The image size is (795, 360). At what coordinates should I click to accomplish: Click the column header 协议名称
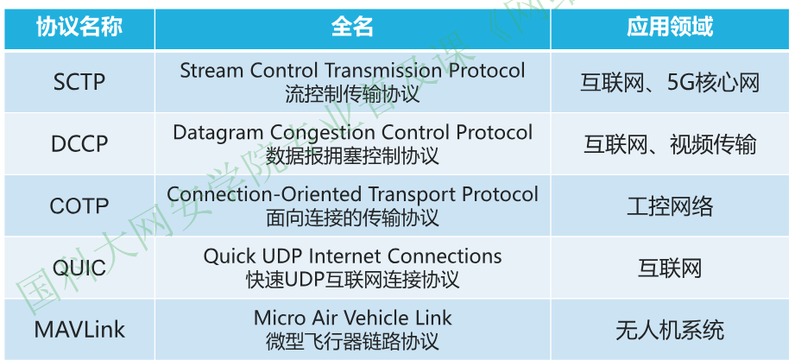click(x=79, y=27)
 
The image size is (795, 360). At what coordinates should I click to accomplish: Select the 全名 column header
click(x=352, y=27)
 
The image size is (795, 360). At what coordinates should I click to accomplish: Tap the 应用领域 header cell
click(x=670, y=27)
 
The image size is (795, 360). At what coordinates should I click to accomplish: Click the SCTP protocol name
click(x=79, y=83)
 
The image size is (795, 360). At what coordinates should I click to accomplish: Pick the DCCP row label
click(x=79, y=144)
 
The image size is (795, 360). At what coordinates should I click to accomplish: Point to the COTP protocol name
click(x=79, y=206)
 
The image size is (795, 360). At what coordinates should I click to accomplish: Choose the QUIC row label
click(x=79, y=268)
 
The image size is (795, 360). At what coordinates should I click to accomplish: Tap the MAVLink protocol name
click(x=79, y=330)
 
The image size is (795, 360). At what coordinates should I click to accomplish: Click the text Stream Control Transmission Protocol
click(x=352, y=71)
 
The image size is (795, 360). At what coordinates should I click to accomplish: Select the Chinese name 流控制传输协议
click(x=352, y=94)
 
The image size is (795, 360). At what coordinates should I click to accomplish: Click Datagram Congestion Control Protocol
click(x=352, y=133)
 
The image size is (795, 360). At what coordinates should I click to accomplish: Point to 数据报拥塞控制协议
click(x=352, y=156)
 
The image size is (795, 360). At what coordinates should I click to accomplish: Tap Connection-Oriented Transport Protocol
click(x=352, y=195)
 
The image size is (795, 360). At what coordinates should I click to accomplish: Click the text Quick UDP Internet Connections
click(x=352, y=256)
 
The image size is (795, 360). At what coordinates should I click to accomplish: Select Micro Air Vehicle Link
click(x=352, y=318)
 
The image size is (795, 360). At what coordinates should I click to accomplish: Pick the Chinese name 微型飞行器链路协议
click(x=352, y=342)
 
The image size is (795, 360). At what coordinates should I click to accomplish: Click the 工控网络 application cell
click(x=670, y=206)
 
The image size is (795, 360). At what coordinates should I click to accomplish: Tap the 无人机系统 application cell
click(x=670, y=330)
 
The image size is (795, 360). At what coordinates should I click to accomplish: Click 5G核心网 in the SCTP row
click(x=713, y=83)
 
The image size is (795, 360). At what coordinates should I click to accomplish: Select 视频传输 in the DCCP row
click(x=713, y=145)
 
